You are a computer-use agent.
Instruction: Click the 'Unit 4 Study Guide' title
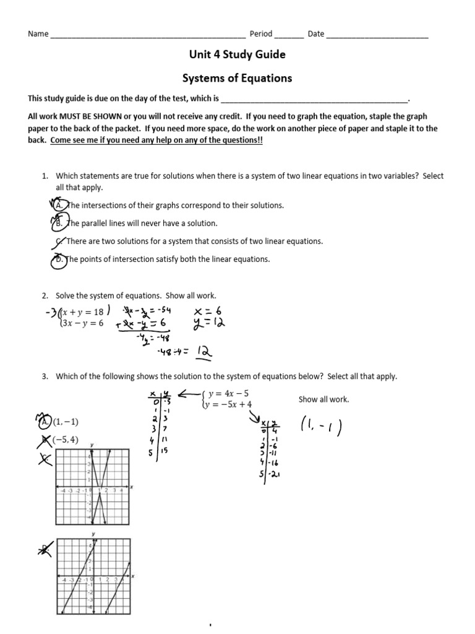237,54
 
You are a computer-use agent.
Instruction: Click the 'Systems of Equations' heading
237,78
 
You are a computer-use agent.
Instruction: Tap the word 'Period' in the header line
260,34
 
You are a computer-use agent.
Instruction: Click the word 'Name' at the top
38,34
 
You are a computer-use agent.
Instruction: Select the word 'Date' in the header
315,34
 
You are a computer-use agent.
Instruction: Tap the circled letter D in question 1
58,259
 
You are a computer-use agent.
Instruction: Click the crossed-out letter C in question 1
58,241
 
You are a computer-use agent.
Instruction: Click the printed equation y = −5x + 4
230,404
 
